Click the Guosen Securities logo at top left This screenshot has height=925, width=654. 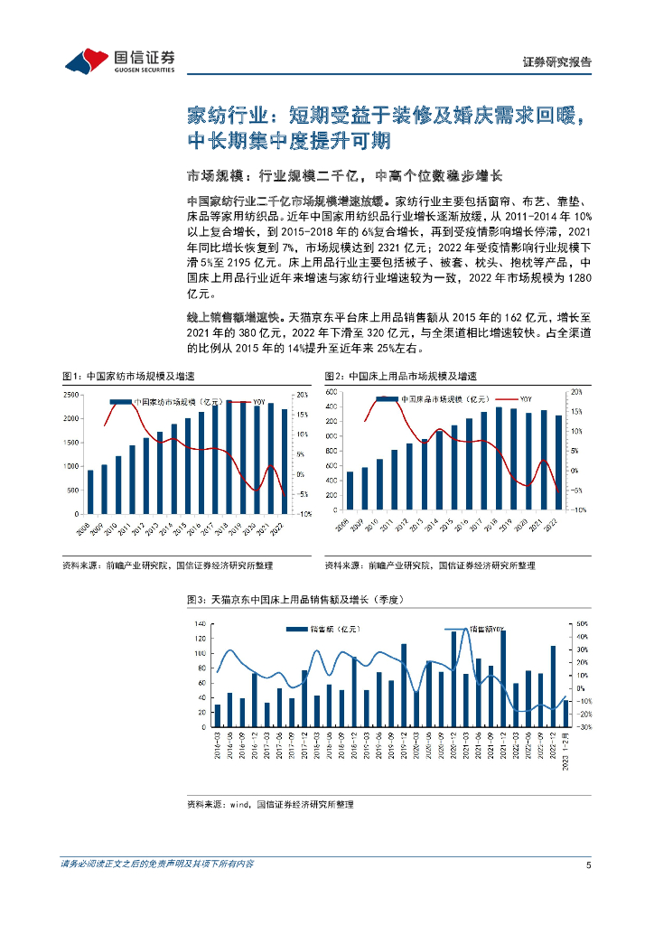[119, 60]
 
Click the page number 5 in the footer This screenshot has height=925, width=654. [588, 864]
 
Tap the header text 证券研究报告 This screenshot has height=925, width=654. [557, 62]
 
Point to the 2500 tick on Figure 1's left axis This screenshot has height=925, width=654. [71, 396]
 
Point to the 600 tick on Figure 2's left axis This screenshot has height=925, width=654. [331, 392]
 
